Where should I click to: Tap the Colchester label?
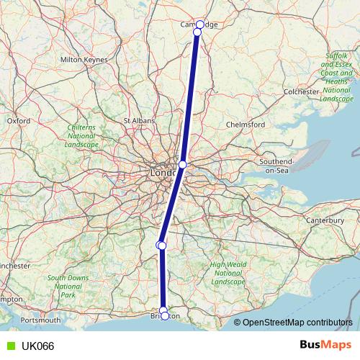(302, 92)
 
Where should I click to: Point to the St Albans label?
(140, 120)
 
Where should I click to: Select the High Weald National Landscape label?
(228, 273)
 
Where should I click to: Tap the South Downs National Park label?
(68, 286)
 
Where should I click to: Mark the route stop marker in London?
(182, 165)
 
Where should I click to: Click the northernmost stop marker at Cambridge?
(200, 24)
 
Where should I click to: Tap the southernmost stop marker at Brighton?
(165, 316)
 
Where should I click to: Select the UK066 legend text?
(37, 346)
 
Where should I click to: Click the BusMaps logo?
(323, 345)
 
